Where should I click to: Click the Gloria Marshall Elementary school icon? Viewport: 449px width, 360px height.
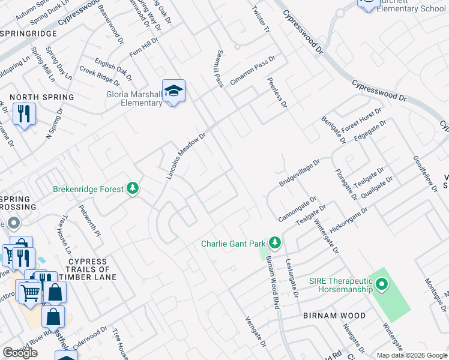173,91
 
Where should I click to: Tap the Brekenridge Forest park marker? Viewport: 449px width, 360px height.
133,189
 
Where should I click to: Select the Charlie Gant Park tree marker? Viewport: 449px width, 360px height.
275,242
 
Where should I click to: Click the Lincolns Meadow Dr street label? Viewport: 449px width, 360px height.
186,156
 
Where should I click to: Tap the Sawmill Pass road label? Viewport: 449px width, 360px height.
220,68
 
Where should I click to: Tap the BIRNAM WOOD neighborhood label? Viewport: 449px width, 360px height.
334,316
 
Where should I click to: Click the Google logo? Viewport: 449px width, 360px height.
20,353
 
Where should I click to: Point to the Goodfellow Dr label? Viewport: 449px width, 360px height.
424,174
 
